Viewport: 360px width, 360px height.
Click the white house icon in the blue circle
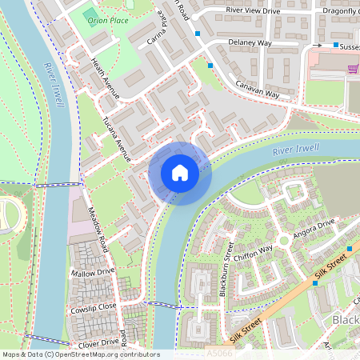coord(180,173)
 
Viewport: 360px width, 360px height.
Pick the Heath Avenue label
coord(106,78)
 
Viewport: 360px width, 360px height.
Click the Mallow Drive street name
coord(93,272)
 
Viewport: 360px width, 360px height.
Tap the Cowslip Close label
coord(93,306)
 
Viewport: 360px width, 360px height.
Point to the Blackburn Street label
coord(229,268)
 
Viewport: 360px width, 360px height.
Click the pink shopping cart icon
coord(352,70)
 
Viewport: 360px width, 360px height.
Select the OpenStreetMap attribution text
coord(80,354)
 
